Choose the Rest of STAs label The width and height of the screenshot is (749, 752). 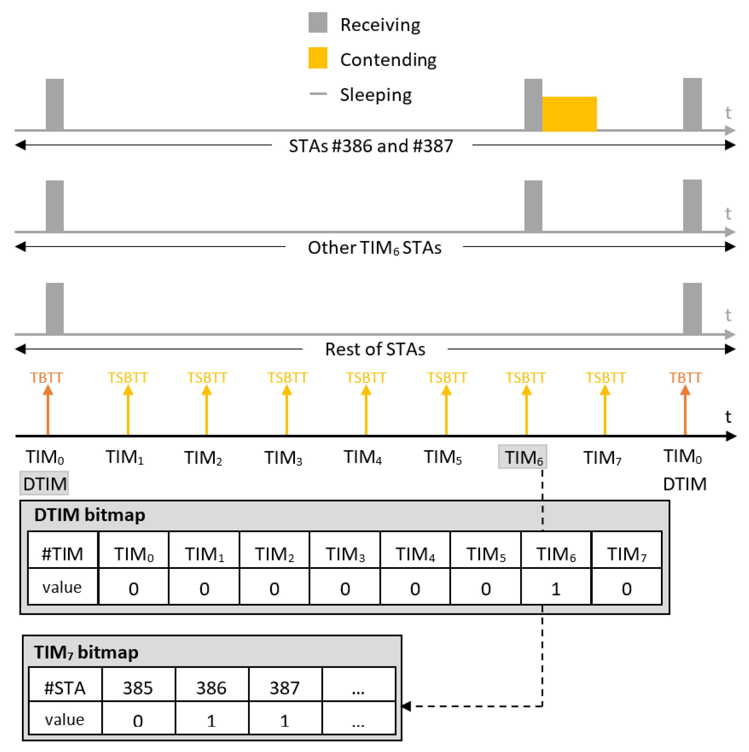tap(375, 349)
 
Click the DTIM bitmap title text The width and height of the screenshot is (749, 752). tap(89, 515)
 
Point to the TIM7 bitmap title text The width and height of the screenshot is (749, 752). tap(86, 652)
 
